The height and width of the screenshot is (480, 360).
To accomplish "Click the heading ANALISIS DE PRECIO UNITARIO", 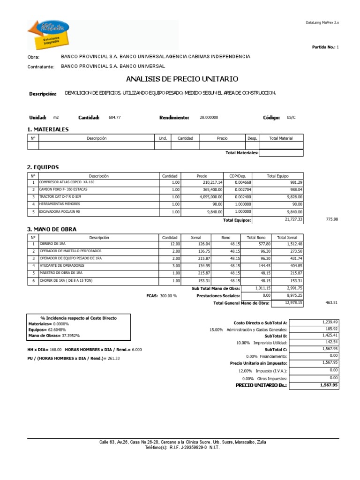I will [182, 79].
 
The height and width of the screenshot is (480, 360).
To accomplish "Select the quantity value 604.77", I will [114, 118].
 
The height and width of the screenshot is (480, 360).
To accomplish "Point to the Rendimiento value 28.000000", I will [209, 118].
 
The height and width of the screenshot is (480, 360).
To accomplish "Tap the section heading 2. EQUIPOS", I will [43, 166].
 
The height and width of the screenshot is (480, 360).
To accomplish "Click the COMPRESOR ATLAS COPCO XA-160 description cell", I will [67, 182].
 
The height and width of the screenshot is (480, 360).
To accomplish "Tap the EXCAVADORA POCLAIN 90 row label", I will [59, 212].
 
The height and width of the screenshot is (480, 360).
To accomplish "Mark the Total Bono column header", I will [256, 237].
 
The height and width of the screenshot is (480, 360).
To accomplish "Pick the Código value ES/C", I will [291, 118].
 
